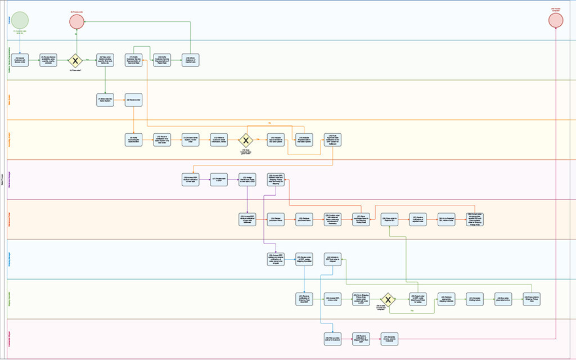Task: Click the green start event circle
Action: [x=21, y=20]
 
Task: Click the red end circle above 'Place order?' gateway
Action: [x=76, y=21]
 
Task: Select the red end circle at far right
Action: [x=556, y=20]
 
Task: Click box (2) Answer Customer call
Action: [x=21, y=60]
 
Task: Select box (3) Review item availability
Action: [x=49, y=60]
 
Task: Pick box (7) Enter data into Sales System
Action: [x=105, y=100]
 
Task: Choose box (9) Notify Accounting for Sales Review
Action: [x=134, y=140]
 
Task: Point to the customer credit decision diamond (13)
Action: [x=246, y=140]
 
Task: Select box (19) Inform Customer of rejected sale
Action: [x=191, y=60]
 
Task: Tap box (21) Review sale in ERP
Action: [x=219, y=179]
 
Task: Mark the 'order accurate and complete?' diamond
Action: [x=388, y=299]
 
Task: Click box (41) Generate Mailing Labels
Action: [x=476, y=299]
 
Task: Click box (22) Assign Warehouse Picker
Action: [x=247, y=179]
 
